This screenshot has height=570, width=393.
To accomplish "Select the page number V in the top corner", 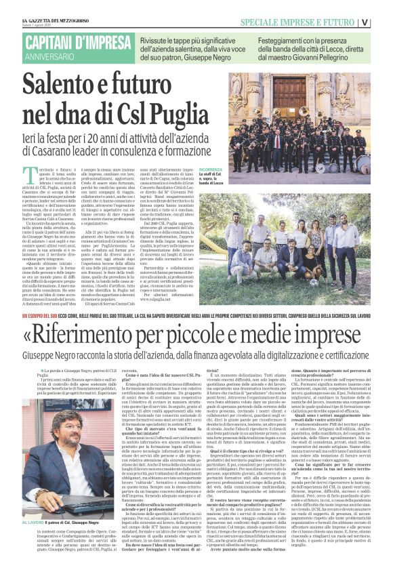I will pos(384,21).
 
